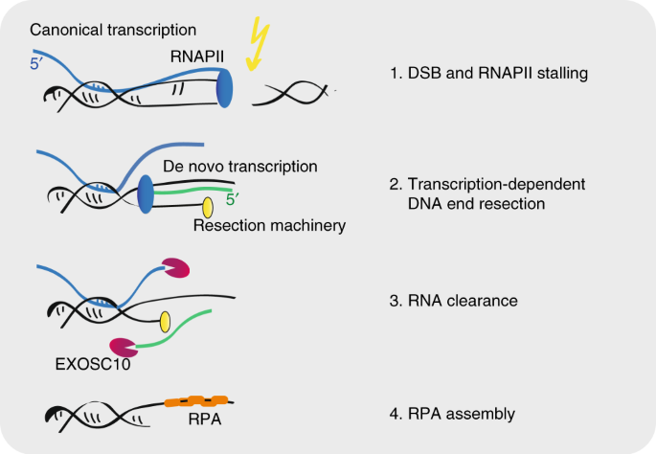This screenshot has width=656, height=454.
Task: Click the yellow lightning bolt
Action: click(x=259, y=44)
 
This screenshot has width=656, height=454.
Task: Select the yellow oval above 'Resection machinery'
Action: click(x=207, y=207)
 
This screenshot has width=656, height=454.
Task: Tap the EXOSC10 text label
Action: click(x=89, y=365)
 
